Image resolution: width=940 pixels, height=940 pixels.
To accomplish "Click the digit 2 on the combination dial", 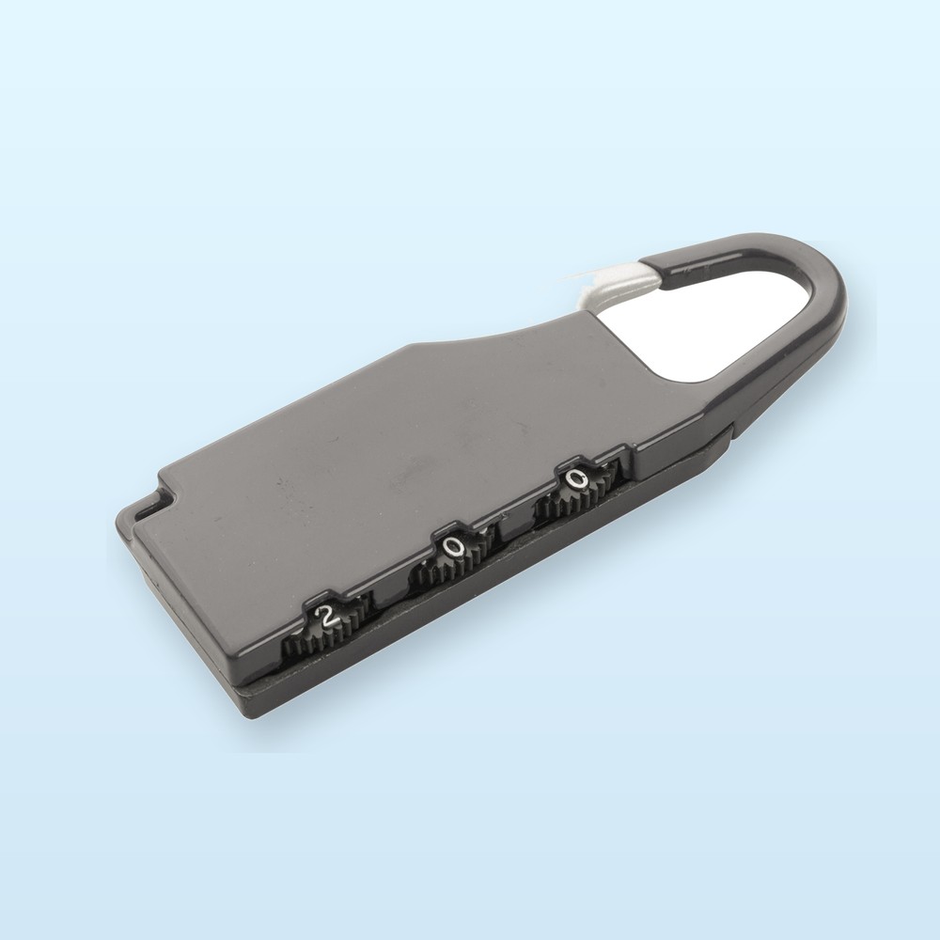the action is [x=326, y=616].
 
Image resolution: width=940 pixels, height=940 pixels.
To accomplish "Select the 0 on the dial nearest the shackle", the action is [x=574, y=478].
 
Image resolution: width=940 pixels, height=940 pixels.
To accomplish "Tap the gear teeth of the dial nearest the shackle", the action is [x=572, y=501].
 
